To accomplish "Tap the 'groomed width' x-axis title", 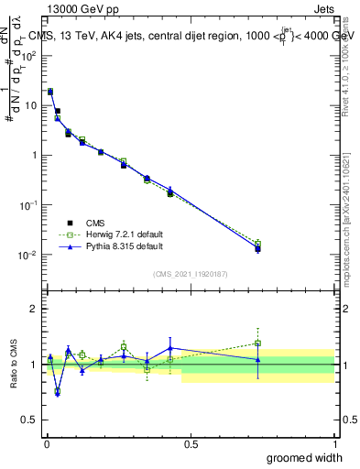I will [x=299, y=458].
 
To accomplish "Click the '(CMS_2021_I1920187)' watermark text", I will [x=191, y=274].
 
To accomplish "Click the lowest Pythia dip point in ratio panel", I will [x=57, y=392].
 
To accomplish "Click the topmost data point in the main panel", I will [x=50, y=92].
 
